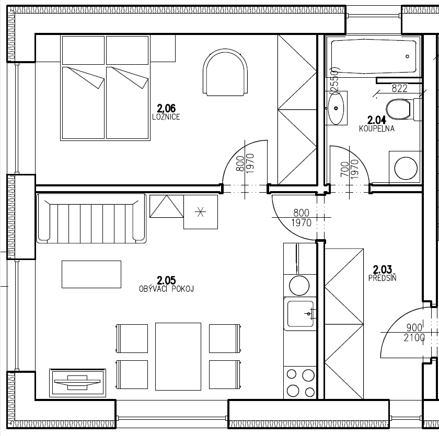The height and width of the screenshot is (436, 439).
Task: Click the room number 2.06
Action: [x=166, y=109]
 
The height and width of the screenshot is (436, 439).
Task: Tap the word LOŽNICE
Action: [x=166, y=117]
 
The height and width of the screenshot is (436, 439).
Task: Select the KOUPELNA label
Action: [x=377, y=128]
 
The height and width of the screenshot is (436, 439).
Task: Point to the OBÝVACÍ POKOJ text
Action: [x=166, y=289]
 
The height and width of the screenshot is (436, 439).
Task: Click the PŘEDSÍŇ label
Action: [x=382, y=278]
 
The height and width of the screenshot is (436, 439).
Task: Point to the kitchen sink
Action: [x=298, y=314]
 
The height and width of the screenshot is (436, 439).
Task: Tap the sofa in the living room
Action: [x=91, y=218]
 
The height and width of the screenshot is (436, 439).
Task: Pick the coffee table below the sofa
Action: [x=91, y=274]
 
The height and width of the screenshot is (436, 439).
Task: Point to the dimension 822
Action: [x=399, y=89]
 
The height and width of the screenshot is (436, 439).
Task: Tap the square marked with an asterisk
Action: [x=200, y=212]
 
